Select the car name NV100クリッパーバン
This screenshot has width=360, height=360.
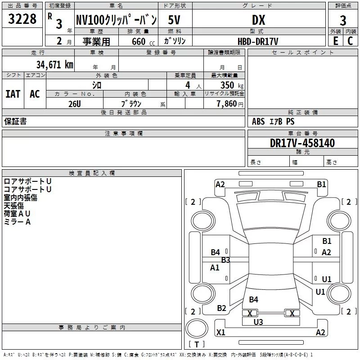point(116,20)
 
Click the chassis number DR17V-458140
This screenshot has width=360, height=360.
point(302,143)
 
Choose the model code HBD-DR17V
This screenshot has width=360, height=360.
point(258,41)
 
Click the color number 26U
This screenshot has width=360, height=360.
point(74,103)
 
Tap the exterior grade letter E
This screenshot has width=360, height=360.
point(335,41)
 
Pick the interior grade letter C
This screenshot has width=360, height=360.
point(350,41)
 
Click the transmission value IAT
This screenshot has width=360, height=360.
point(13,94)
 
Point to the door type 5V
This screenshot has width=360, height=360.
point(175,20)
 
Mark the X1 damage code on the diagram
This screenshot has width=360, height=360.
point(221,333)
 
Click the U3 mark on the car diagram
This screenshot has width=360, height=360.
point(258,322)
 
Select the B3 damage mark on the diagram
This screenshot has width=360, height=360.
point(225,260)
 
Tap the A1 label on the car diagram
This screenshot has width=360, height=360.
point(215,268)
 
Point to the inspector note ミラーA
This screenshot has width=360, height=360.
point(17,222)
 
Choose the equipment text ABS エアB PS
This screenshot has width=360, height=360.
point(273,121)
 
